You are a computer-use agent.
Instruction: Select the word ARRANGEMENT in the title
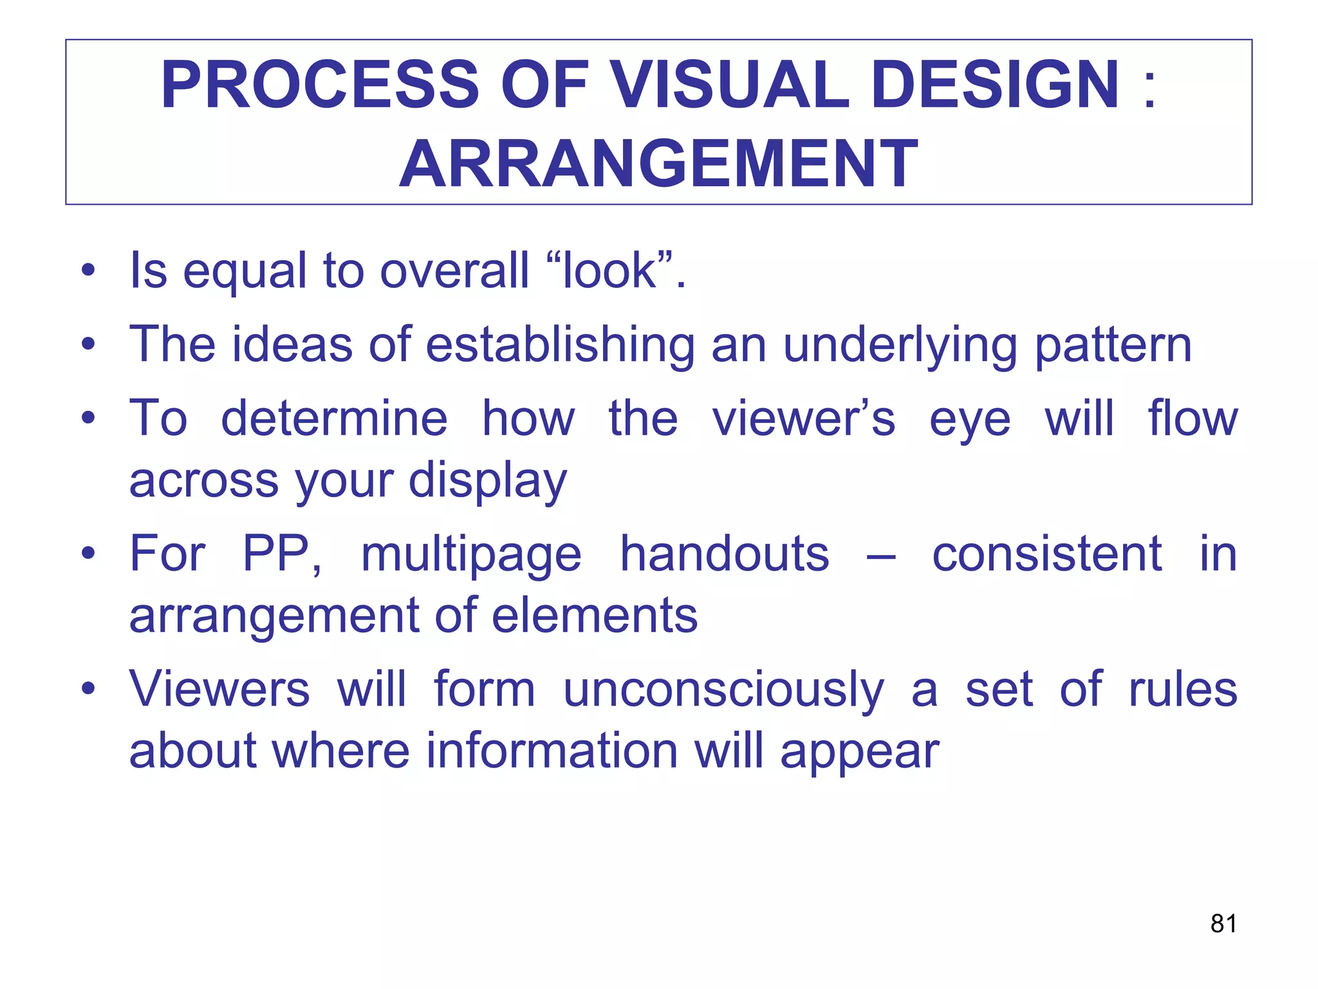click(658, 164)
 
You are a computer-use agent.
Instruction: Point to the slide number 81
click(1223, 923)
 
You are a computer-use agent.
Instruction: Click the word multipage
click(470, 556)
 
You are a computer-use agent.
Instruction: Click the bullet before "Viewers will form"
click(89, 689)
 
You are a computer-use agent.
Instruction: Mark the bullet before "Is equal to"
click(89, 270)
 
